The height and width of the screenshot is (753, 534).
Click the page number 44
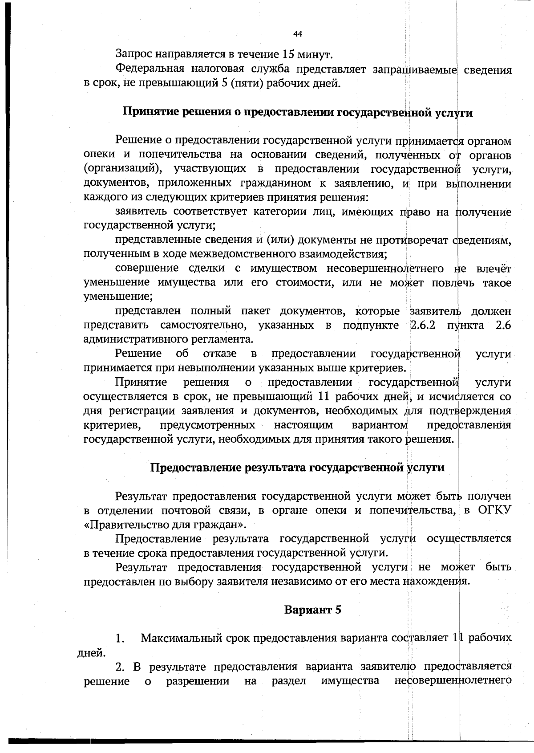pos(298,34)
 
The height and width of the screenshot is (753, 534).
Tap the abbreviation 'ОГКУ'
pos(494,510)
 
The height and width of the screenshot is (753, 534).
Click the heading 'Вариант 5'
pos(312,610)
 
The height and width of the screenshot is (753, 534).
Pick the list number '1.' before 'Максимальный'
pos(119,639)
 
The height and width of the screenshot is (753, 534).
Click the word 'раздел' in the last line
pos(288,681)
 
